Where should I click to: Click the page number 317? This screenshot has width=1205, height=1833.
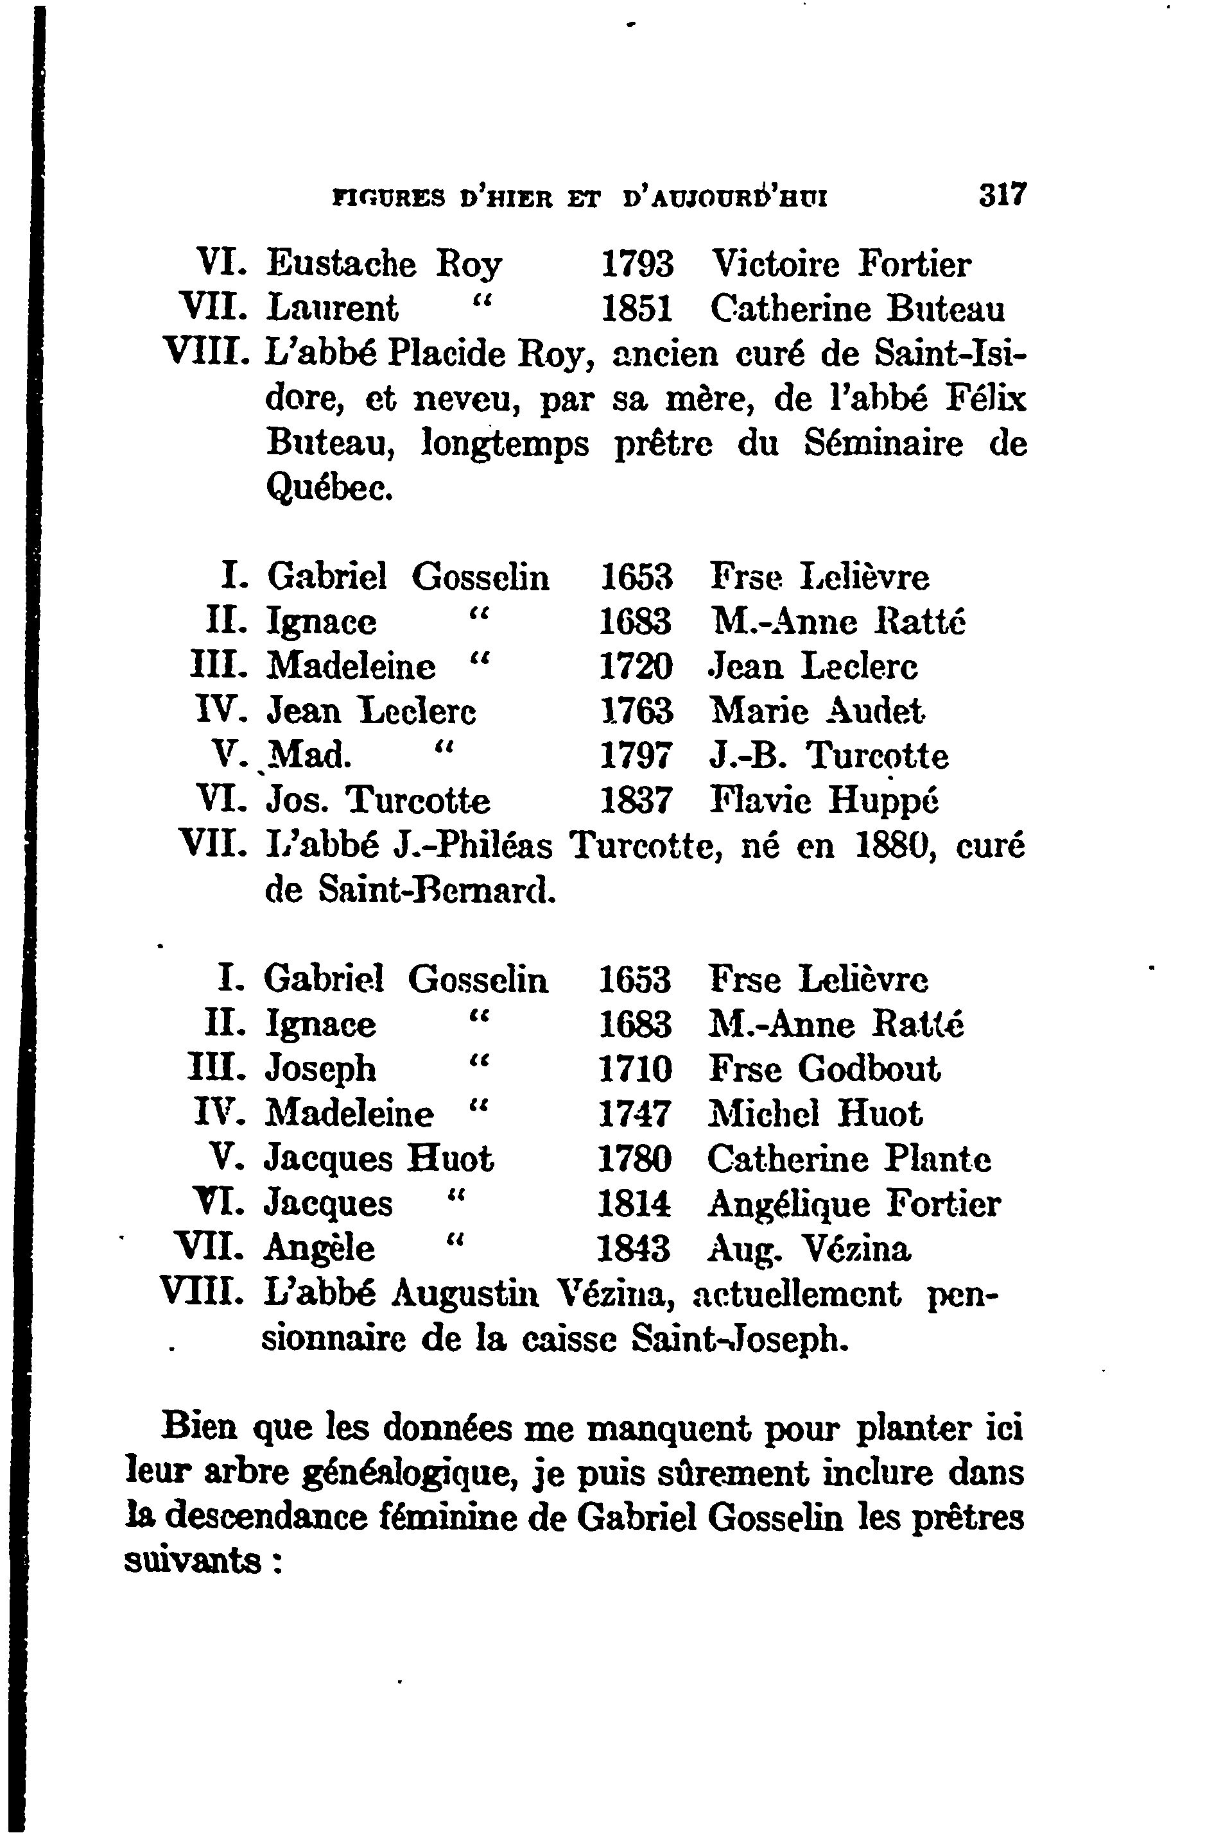tap(1003, 194)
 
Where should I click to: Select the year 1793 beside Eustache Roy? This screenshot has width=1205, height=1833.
tap(636, 265)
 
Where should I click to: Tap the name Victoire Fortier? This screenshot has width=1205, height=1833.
tap(840, 265)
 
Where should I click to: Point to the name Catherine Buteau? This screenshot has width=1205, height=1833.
tap(857, 310)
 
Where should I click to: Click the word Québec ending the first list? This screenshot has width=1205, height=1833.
tap(329, 488)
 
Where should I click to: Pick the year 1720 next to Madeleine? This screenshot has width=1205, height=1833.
tap(636, 666)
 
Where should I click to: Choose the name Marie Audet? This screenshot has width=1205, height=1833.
tap(817, 711)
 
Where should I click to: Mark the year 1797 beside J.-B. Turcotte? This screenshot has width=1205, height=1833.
tap(636, 756)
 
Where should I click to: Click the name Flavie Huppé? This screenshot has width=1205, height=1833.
tap(823, 800)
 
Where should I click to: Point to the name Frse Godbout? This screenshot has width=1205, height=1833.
tap(824, 1069)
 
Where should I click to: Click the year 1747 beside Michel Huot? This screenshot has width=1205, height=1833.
tap(635, 1114)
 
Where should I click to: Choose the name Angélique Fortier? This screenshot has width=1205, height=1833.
tap(854, 1204)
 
